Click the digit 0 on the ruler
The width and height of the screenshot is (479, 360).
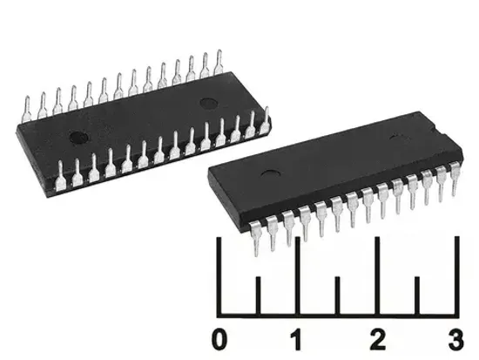(221, 336)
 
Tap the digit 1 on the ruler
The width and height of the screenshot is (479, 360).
(297, 336)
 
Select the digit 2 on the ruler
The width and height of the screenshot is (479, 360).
(376, 336)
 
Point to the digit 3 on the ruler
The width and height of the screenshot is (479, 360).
(454, 336)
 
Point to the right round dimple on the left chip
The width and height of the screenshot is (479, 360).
(208, 104)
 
